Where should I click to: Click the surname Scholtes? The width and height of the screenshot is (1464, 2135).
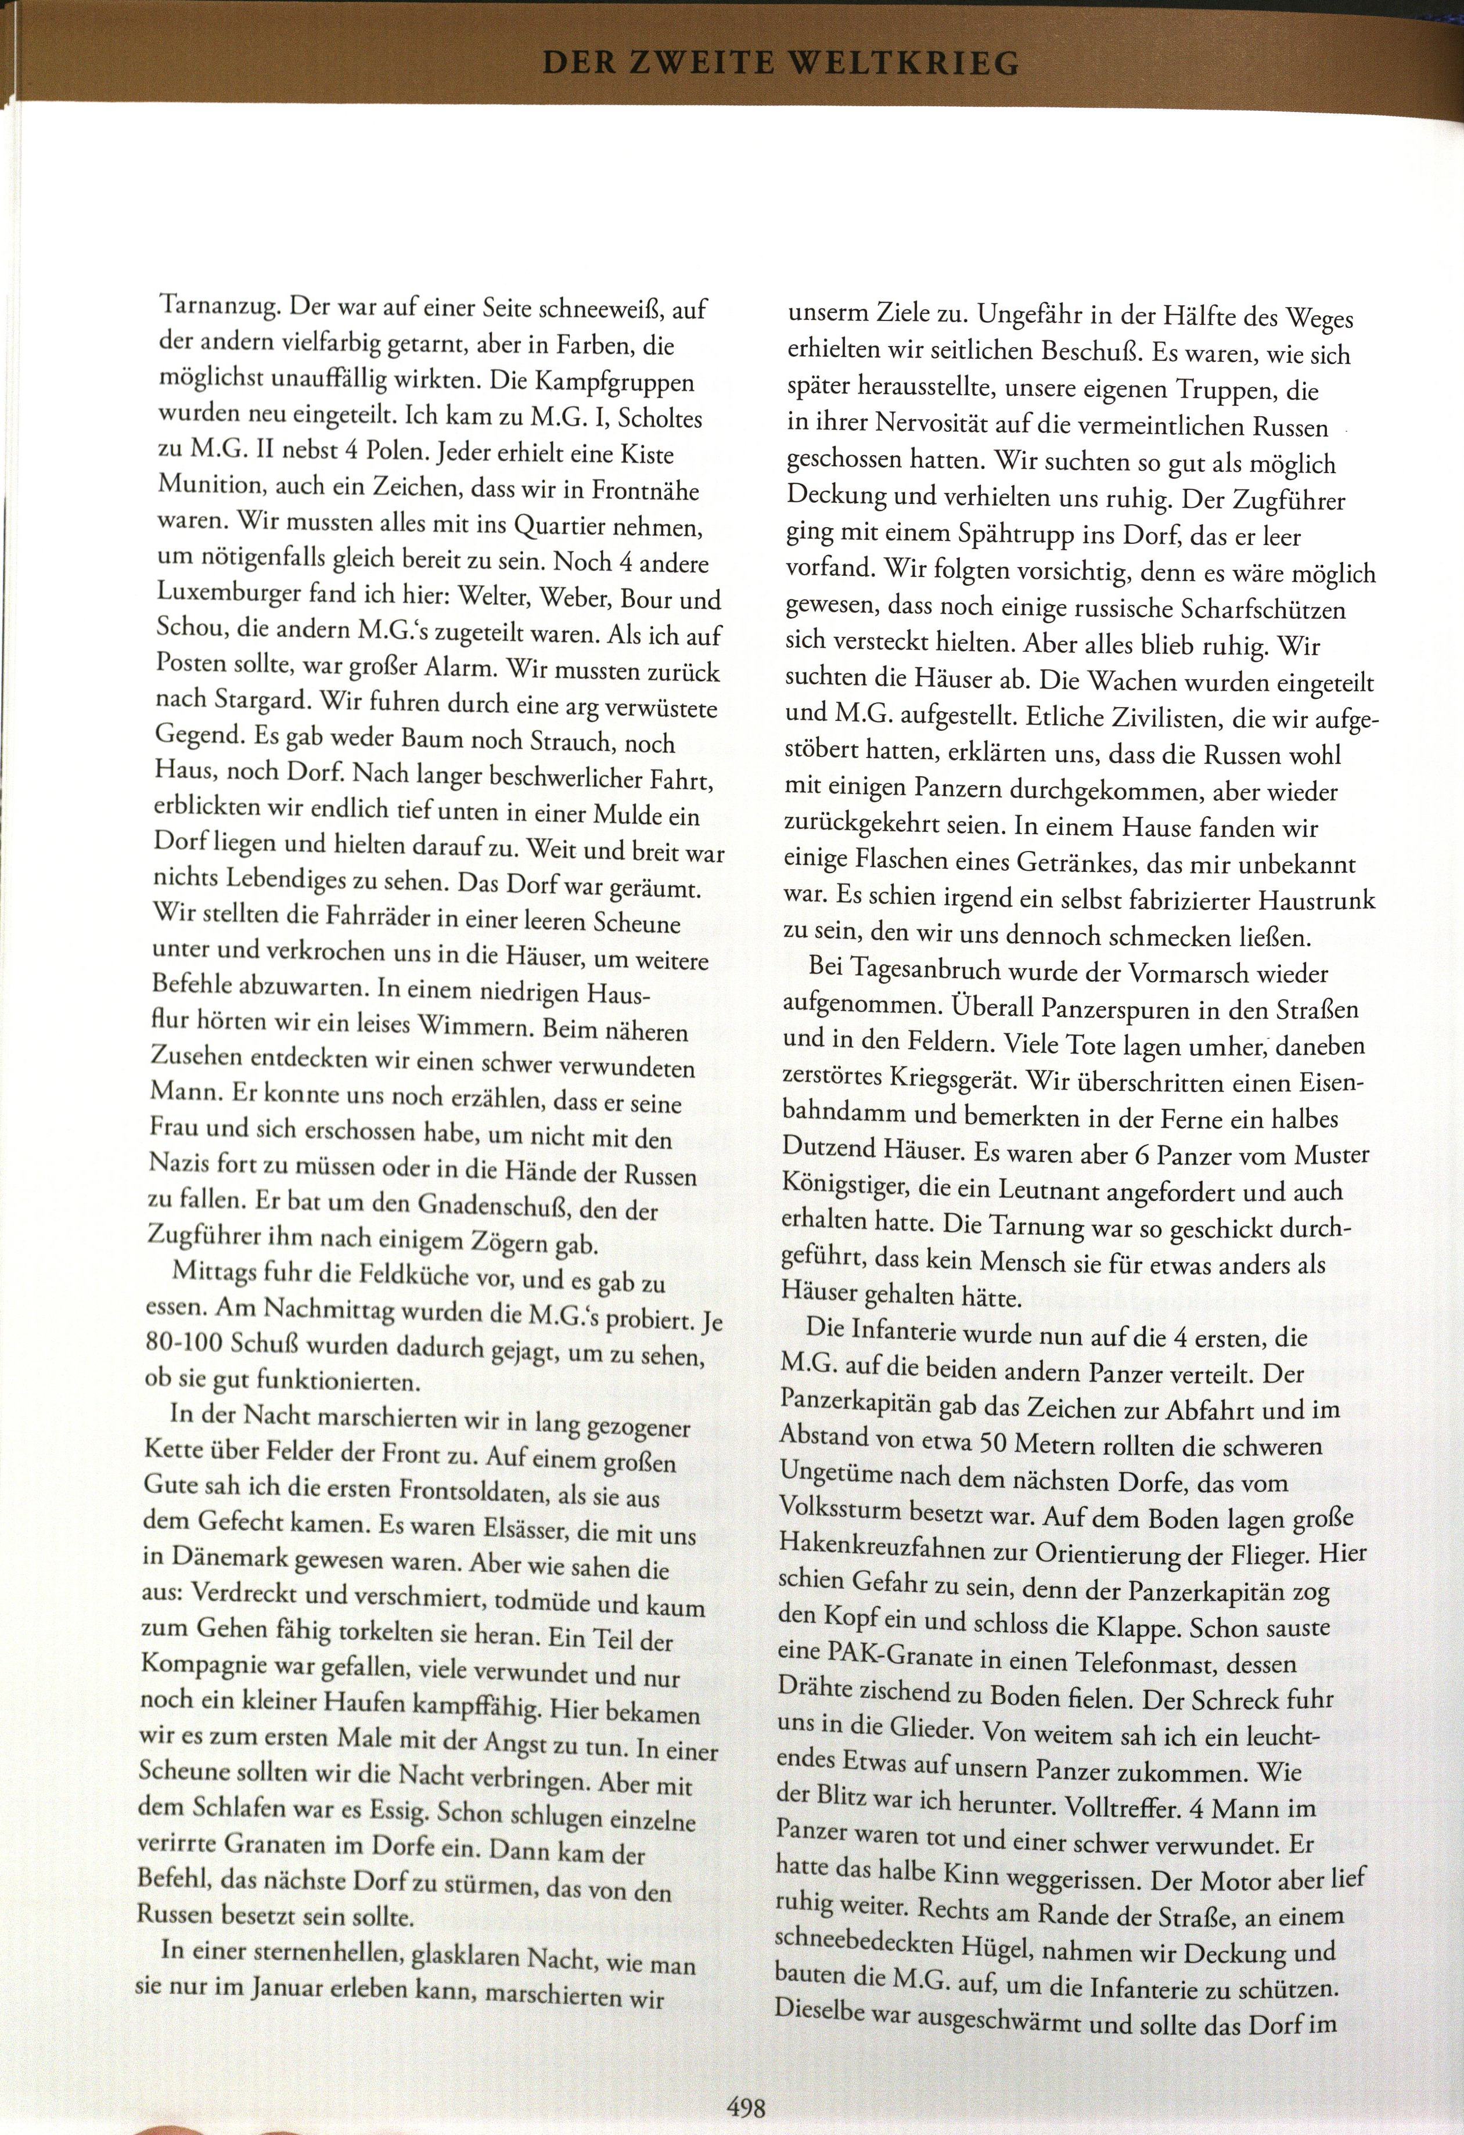pos(661,419)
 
